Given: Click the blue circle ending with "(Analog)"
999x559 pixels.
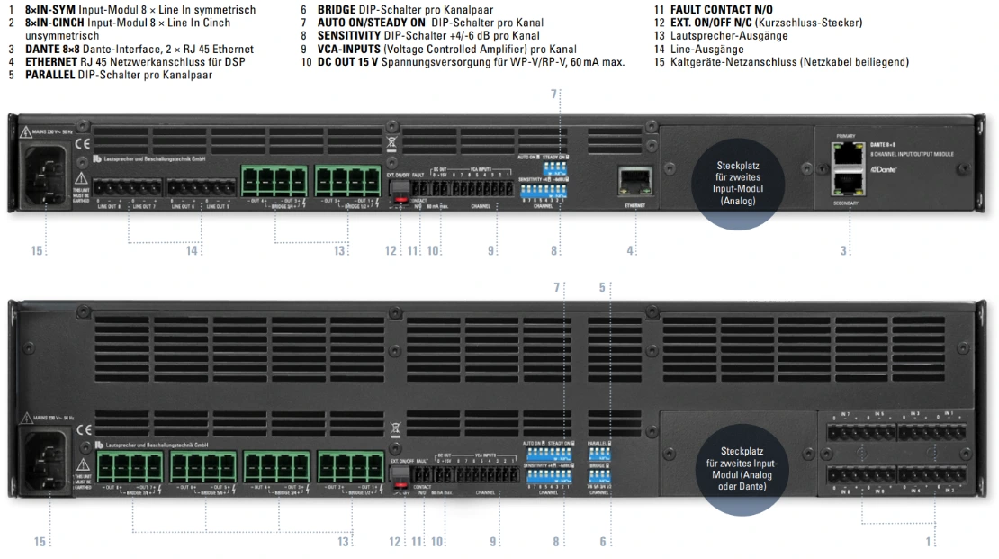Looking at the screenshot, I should coord(738,184).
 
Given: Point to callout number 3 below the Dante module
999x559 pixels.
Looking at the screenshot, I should coord(844,251).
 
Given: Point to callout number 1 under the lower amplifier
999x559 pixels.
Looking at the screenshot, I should coord(928,542).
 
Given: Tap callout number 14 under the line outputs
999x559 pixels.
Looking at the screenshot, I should coord(192,251).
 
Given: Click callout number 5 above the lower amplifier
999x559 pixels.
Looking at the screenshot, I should coord(602,287).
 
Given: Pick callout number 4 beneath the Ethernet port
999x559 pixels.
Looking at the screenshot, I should coord(630,251).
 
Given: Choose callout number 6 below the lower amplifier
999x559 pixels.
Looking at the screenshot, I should coord(603,542).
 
